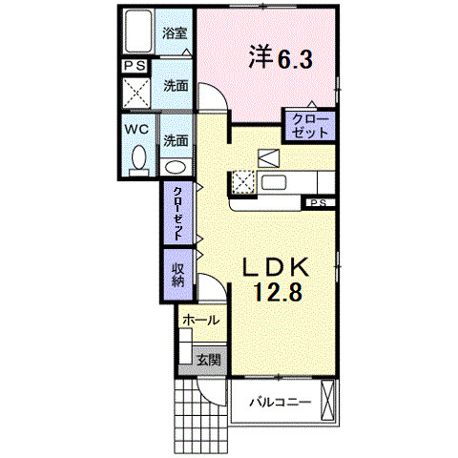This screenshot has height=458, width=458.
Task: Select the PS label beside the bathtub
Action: coord(134,67)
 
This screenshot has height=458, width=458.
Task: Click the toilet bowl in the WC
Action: coord(137,159)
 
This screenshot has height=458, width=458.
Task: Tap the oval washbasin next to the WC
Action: coord(176,165)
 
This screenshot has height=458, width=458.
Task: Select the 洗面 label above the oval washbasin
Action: coord(175,140)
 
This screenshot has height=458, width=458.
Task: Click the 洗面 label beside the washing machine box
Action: coord(175,85)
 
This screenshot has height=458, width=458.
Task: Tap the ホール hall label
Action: coord(201,321)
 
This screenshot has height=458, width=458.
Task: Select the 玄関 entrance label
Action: coord(209,360)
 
